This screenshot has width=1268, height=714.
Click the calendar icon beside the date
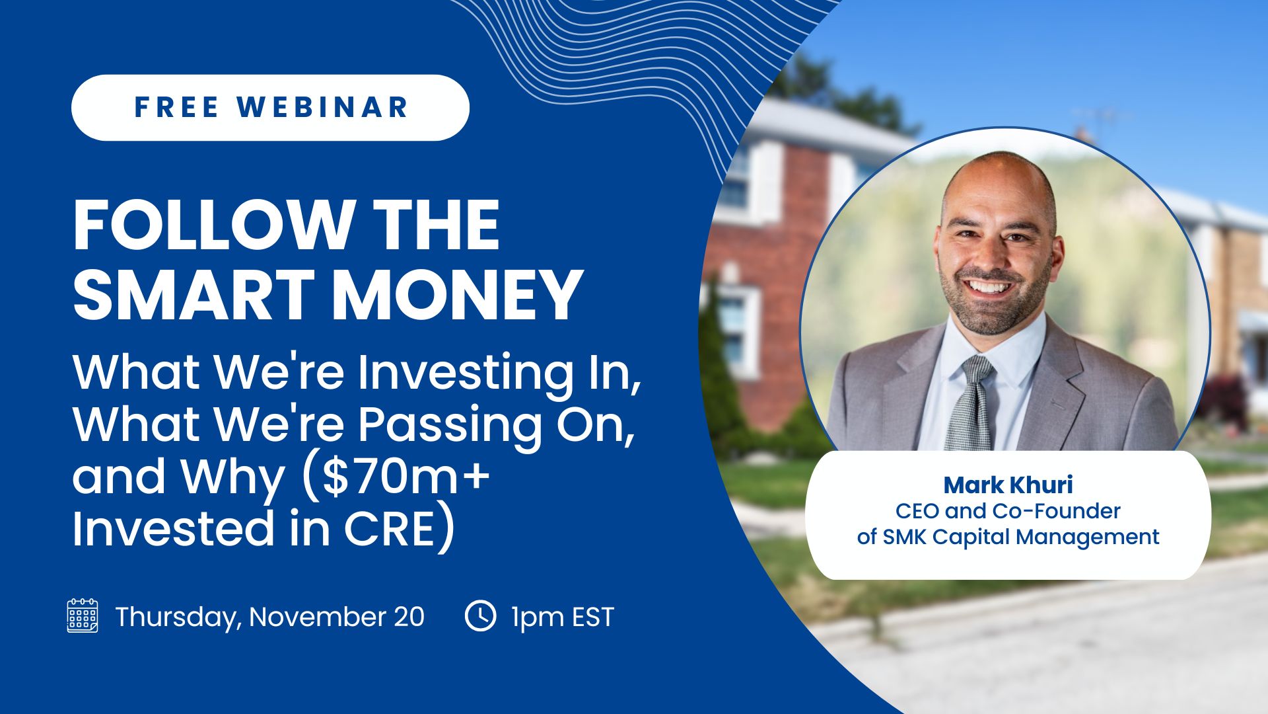pyautogui.click(x=83, y=615)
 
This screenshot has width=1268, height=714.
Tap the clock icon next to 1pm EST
pyautogui.click(x=480, y=615)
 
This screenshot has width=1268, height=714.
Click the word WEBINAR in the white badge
pyautogui.click(x=323, y=107)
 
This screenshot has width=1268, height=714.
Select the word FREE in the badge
pyautogui.click(x=176, y=107)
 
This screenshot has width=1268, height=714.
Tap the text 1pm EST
pyautogui.click(x=563, y=617)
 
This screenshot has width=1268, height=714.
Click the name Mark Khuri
pyautogui.click(x=1008, y=485)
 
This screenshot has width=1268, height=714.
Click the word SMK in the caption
pyautogui.click(x=905, y=537)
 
